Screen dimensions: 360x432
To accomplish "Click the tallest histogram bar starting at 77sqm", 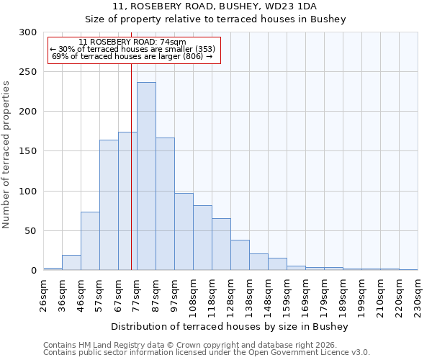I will (x=146, y=176).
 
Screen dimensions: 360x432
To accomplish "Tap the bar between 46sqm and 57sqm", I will (x=90, y=241).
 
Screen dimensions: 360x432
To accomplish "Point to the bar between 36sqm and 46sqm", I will (x=71, y=263).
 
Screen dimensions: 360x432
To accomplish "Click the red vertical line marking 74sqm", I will (x=131, y=166).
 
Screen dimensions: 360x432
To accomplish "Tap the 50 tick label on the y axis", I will (x=30, y=231).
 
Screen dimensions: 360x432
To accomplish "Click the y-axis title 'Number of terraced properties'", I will (x=6, y=154).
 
